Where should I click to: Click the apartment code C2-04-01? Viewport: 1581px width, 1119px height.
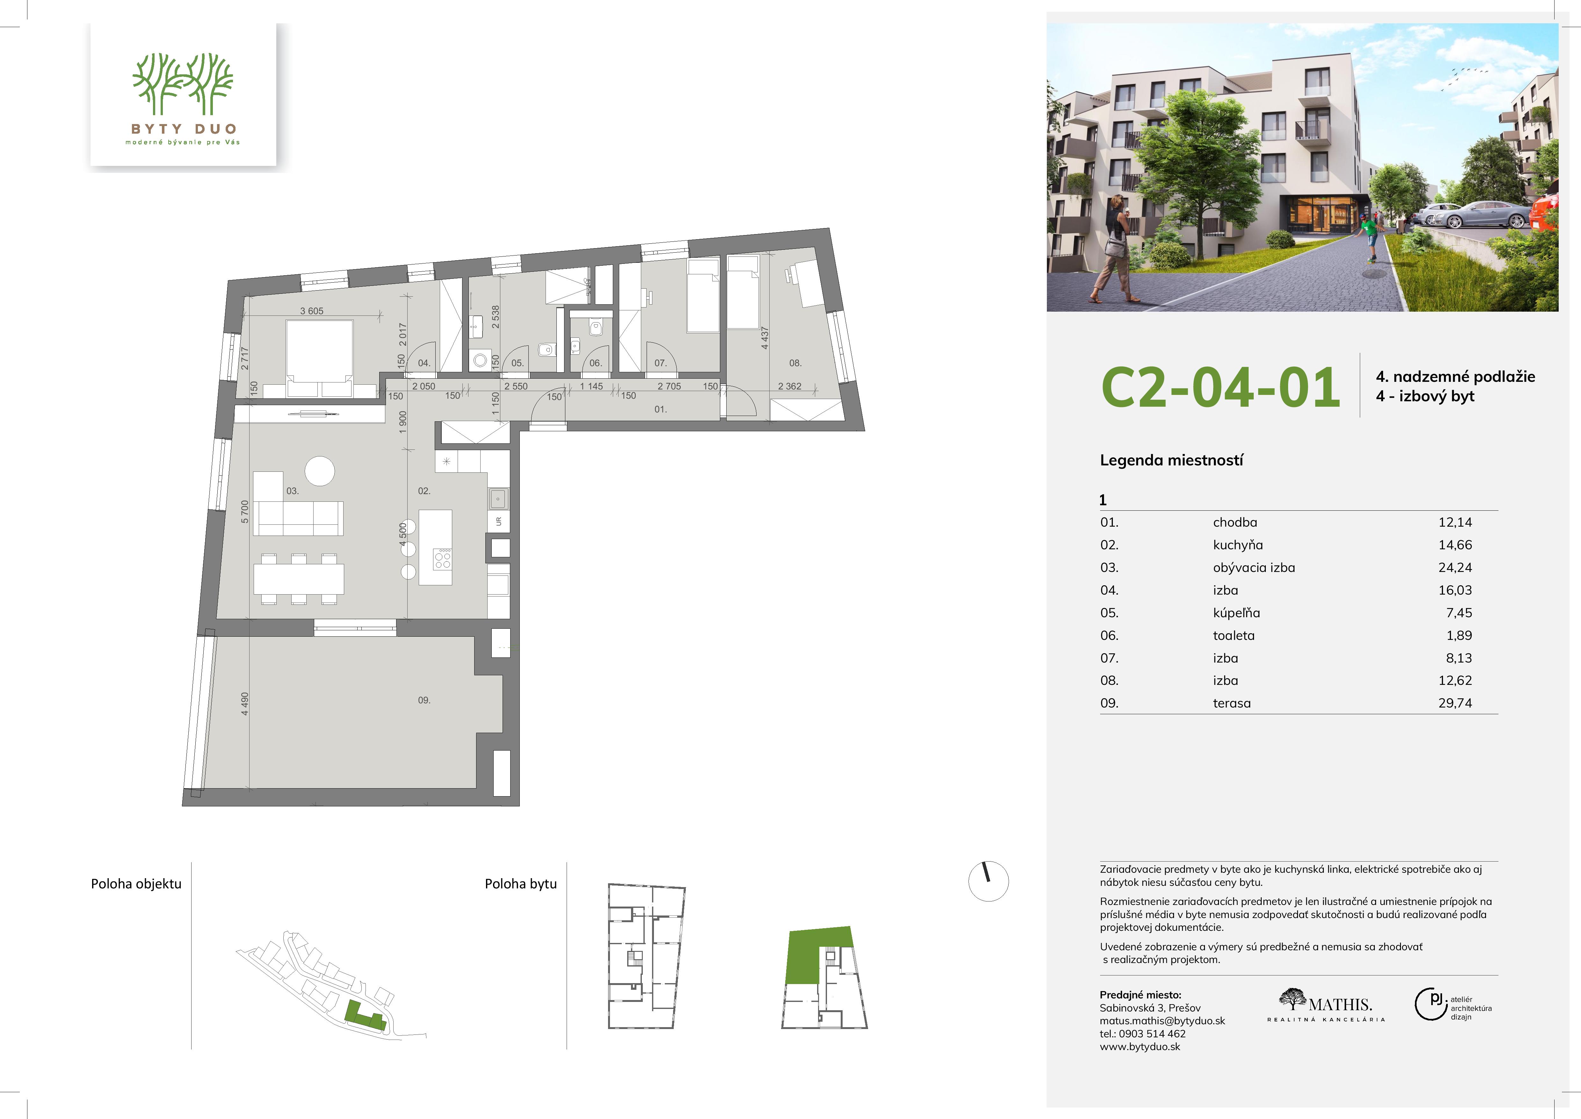[1220, 388]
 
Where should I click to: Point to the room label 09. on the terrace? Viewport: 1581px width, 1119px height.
[424, 700]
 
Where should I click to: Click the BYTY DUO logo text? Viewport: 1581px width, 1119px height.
[184, 129]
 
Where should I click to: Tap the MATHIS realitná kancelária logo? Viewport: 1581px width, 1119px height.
[1325, 1005]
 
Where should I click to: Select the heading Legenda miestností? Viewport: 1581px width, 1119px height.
[1171, 460]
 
